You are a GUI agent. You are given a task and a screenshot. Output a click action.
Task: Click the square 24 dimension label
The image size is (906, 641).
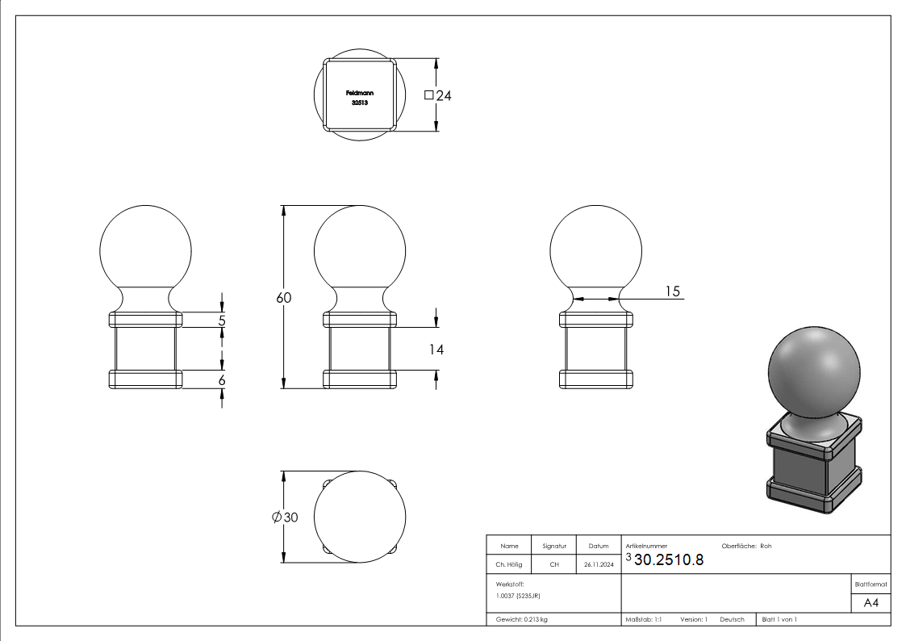[437, 95]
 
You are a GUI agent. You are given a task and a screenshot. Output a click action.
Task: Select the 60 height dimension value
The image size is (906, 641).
[284, 298]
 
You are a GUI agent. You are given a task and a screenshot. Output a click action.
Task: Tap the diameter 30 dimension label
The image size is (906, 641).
[285, 517]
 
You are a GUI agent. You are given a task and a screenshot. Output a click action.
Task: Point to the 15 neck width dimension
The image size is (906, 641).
[673, 291]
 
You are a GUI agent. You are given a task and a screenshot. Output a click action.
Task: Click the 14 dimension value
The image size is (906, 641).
[436, 350]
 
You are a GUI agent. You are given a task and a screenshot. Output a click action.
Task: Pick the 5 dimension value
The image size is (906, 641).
[222, 320]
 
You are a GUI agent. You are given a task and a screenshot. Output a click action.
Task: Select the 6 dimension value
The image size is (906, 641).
[222, 380]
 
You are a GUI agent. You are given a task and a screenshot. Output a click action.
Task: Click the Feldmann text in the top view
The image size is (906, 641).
[359, 93]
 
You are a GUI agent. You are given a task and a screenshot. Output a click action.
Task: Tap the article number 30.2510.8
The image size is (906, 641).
[669, 559]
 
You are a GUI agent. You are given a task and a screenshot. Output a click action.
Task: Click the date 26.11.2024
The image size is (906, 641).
[599, 564]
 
